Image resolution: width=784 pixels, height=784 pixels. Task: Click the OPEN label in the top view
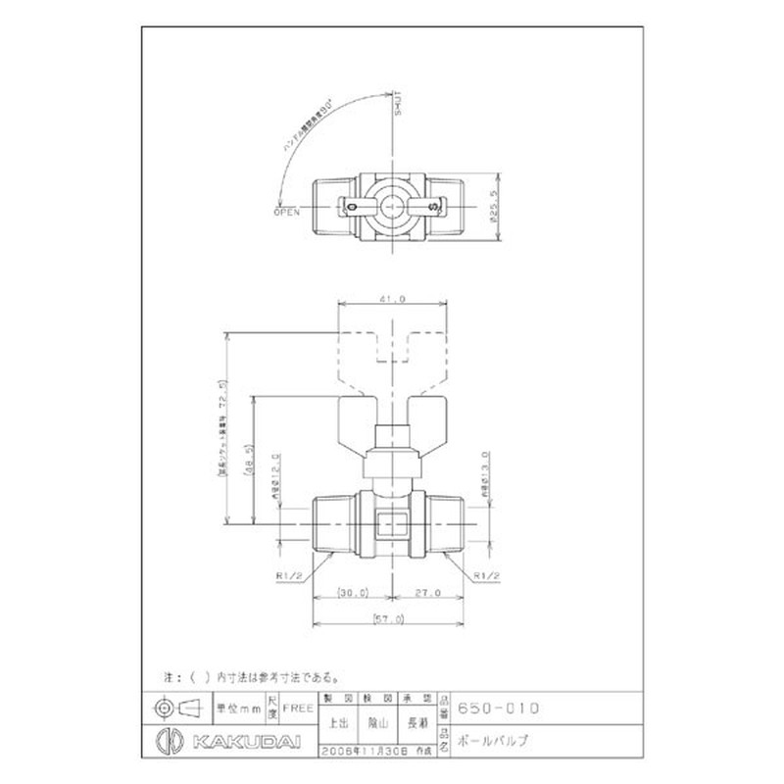(x=287, y=210)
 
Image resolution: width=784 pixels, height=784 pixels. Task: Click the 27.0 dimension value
(x=427, y=593)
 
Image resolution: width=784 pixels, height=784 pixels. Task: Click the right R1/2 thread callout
(x=487, y=576)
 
